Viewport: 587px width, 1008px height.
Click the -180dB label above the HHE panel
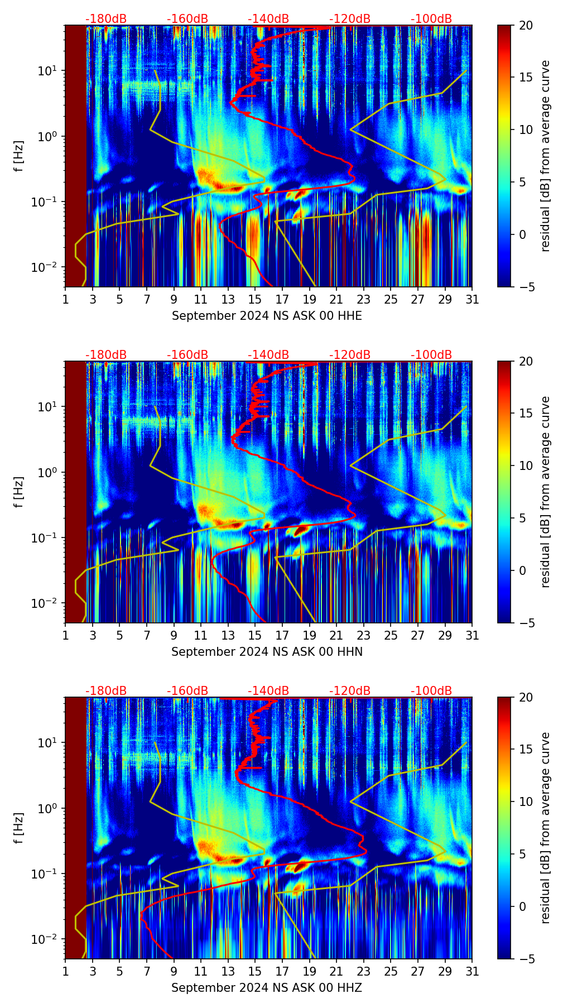[106, 19]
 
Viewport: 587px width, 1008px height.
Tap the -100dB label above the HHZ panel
[431, 691]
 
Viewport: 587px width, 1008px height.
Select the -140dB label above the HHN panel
[268, 355]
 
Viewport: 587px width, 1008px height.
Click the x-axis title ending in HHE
[267, 316]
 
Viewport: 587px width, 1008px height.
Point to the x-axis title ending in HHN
[267, 652]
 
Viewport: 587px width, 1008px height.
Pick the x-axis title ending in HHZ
[267, 988]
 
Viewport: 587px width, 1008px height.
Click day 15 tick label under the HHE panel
[255, 300]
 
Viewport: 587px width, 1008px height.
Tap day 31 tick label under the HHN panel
[472, 636]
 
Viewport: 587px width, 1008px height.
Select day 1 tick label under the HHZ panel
[65, 972]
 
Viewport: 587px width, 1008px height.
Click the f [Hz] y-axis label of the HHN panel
[19, 492]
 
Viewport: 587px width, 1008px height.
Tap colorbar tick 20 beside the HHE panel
[526, 25]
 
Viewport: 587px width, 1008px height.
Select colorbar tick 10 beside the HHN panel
[526, 465]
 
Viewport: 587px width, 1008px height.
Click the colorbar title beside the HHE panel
[545, 156]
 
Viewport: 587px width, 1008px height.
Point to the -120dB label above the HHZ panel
[350, 691]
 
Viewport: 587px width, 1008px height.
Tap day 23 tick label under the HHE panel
[363, 300]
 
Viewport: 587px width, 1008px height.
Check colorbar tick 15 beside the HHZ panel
[526, 750]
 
